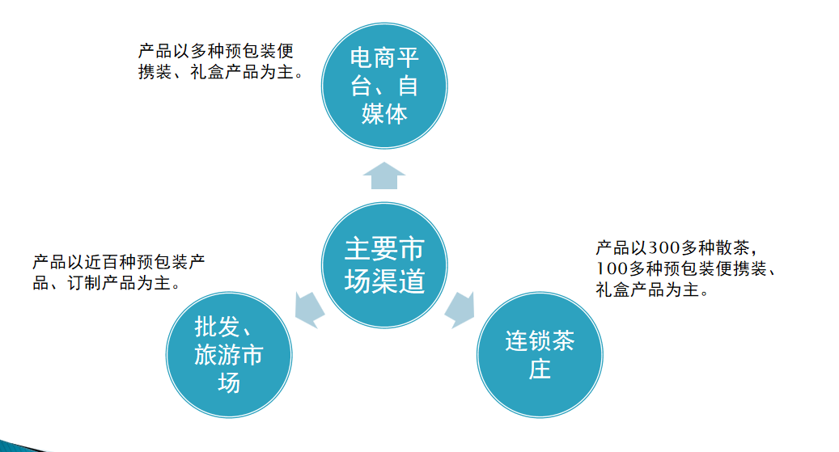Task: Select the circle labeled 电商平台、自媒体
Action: point(384,86)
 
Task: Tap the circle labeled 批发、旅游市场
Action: point(229,355)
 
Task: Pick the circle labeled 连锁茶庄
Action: point(540,355)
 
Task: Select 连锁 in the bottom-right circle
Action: point(528,341)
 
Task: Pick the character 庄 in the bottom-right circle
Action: point(540,370)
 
